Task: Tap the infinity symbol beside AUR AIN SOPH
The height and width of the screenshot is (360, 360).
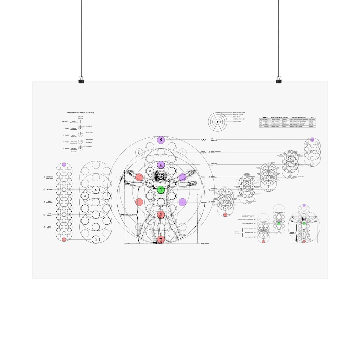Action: click(203, 140)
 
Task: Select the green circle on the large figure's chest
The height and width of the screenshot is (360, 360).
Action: click(161, 190)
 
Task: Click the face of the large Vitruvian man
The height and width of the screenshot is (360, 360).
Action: click(161, 175)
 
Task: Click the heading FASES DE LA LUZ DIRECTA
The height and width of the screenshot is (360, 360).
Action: click(80, 113)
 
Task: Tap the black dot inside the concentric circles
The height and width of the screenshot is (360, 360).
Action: click(217, 122)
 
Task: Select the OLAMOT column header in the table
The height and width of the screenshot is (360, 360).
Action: click(265, 117)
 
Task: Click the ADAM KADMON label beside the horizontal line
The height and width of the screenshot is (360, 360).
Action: click(215, 151)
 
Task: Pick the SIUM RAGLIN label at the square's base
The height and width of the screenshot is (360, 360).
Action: click(205, 243)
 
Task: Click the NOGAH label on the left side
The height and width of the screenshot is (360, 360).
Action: click(49, 189)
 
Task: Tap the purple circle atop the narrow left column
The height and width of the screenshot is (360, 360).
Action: click(64, 165)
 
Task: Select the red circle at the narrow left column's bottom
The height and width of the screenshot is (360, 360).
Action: click(64, 240)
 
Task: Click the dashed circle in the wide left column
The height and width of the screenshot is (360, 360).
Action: click(96, 202)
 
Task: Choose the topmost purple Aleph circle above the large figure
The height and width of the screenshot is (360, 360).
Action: click(161, 140)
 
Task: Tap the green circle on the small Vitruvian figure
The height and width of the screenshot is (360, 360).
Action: click(304, 224)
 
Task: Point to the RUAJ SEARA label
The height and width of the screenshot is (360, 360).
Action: click(49, 227)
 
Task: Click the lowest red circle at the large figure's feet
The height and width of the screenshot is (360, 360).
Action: click(161, 239)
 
